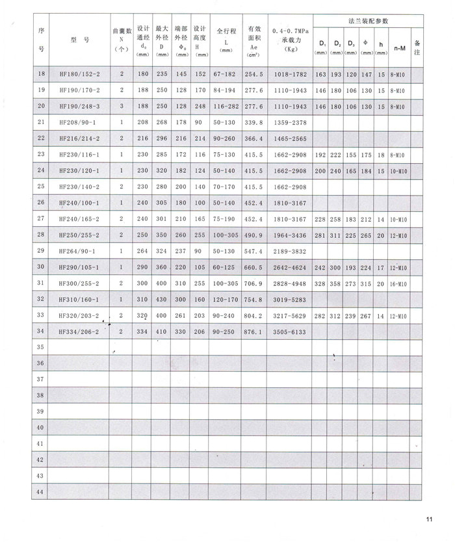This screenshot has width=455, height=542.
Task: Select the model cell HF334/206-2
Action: tap(79, 331)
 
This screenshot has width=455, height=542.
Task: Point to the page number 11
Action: tap(430, 519)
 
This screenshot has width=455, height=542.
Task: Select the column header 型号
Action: tap(79, 40)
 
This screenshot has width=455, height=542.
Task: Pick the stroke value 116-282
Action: tap(225, 106)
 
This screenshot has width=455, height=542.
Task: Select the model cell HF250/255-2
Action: tap(79, 234)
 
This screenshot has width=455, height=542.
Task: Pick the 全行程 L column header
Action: tap(226, 40)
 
